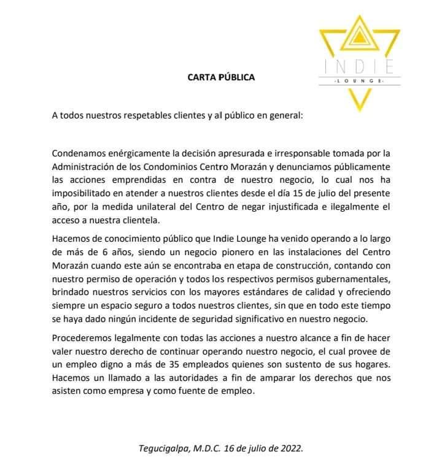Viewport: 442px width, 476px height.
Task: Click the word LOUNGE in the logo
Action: (x=358, y=82)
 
